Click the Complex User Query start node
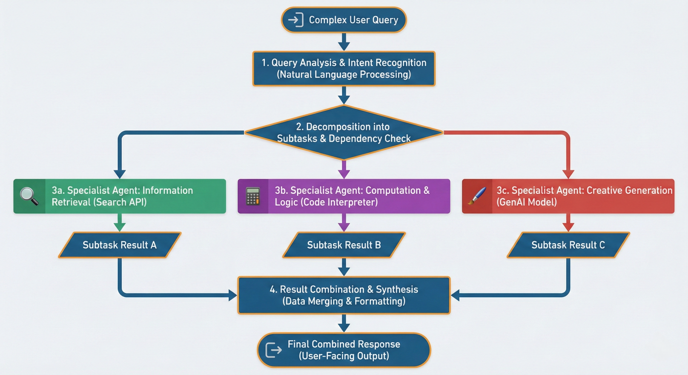point(344,20)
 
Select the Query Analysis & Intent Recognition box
point(344,69)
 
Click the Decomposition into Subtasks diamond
point(344,132)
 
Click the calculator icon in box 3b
point(253,196)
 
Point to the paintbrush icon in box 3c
point(477,196)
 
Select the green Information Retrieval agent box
point(120,196)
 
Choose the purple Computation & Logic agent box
point(344,196)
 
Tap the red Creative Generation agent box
point(568,196)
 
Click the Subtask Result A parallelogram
point(120,245)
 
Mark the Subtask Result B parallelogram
point(344,245)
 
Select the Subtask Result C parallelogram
point(568,245)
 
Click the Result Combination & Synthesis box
point(344,295)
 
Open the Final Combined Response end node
point(344,350)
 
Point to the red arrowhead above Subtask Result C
point(568,227)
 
